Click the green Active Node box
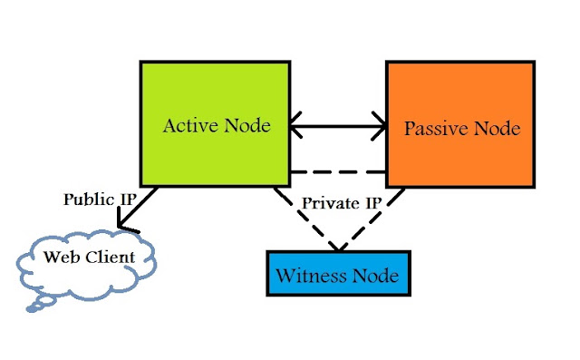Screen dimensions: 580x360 tap(215, 123)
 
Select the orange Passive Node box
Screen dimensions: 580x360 tap(460, 124)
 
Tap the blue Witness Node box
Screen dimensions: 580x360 tap(338, 274)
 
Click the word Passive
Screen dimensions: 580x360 tap(437, 129)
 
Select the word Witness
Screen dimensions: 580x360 tap(312, 276)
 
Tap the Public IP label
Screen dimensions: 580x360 tap(100, 199)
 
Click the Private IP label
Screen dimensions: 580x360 tap(342, 203)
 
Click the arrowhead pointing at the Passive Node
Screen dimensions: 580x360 tap(379, 126)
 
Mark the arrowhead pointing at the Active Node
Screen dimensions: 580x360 tap(296, 125)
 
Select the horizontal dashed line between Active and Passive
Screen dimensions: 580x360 tap(338, 172)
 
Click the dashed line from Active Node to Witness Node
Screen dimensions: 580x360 tap(305, 219)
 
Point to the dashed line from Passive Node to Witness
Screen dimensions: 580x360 tap(372, 219)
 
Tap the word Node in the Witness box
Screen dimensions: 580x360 tap(375, 276)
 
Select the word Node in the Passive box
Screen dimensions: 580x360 tap(498, 129)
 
